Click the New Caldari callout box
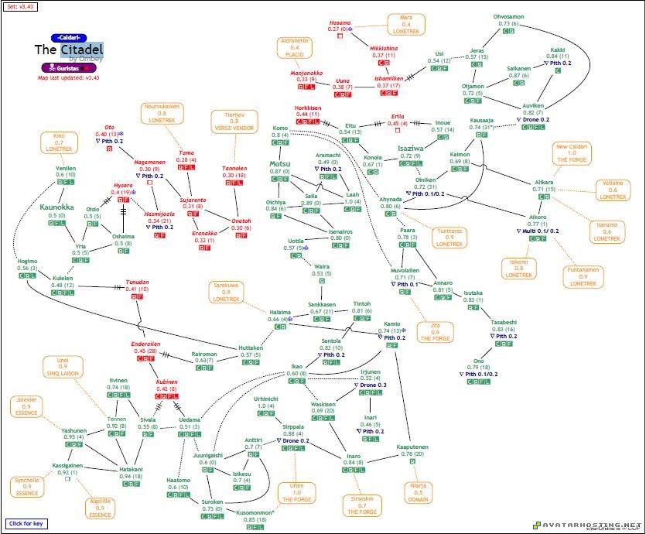tap(573, 153)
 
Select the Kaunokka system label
tap(56, 207)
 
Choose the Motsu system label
tap(280, 164)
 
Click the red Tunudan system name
tap(137, 282)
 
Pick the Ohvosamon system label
tap(509, 16)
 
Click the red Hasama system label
tap(340, 23)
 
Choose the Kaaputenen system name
tap(412, 447)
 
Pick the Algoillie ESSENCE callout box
tap(100, 507)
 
